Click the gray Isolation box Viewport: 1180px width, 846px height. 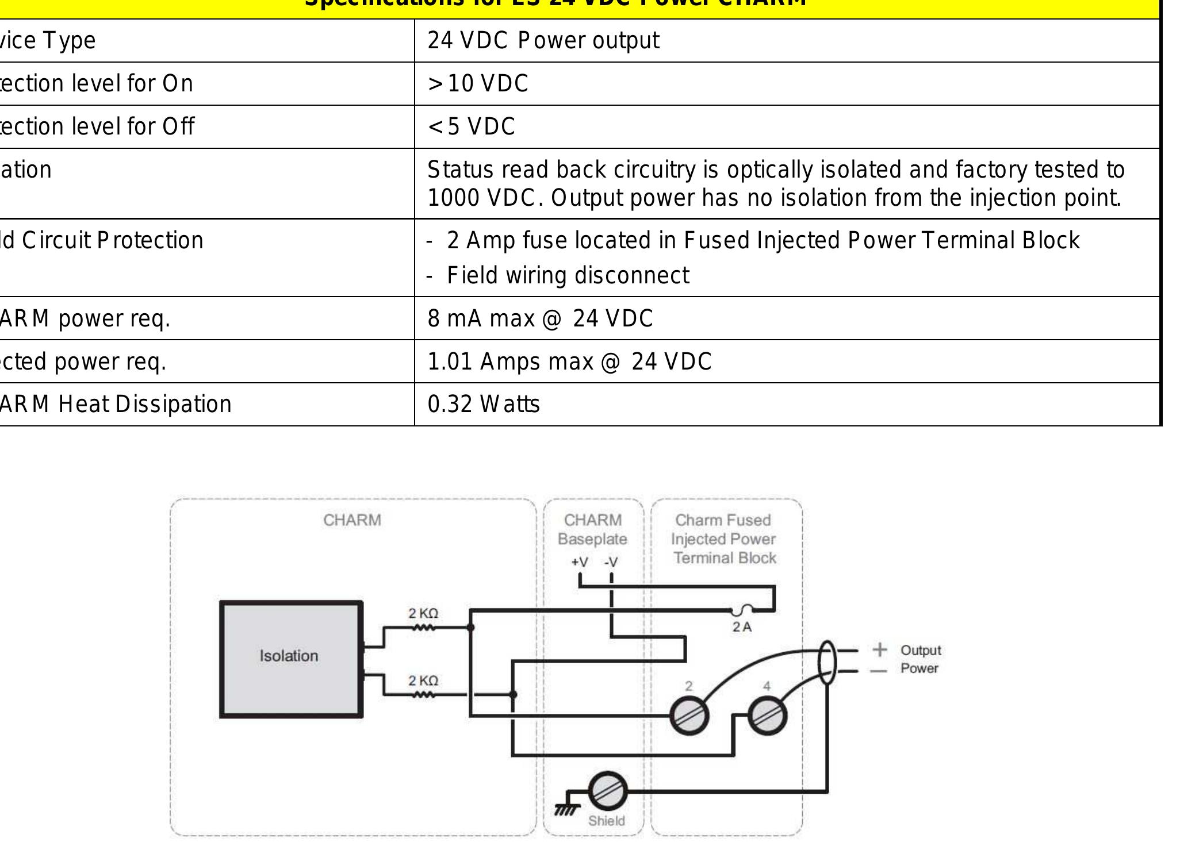291,659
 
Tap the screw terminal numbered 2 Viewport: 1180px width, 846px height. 689,716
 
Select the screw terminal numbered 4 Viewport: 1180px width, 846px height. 767,716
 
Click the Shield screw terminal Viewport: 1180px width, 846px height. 607,791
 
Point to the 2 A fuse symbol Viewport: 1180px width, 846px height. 745,610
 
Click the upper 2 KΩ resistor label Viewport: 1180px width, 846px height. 423,614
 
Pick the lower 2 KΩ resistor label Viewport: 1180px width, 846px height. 423,681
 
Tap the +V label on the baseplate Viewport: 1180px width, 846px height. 580,562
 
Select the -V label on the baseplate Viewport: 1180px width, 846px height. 611,562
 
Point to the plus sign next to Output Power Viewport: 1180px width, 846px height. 879,649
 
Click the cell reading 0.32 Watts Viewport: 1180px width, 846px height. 484,405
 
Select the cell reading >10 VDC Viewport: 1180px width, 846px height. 478,84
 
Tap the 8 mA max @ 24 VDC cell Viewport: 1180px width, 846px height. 540,318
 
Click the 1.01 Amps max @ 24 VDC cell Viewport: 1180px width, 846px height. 569,362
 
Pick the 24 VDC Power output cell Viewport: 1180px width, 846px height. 543,41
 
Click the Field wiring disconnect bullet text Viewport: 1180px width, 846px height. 568,276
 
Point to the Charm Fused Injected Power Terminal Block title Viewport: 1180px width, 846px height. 724,539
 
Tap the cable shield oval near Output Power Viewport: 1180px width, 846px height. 827,662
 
